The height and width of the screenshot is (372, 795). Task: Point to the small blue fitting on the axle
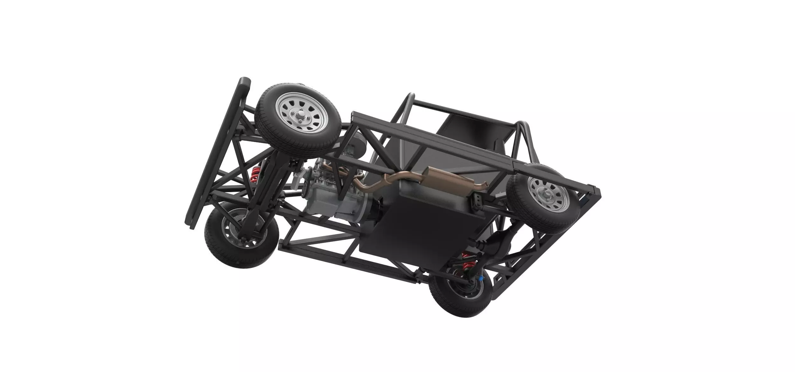480,279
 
